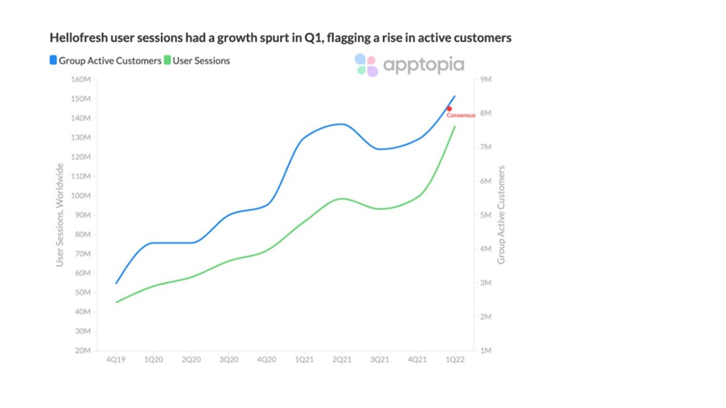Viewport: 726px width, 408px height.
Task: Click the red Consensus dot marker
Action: pos(449,109)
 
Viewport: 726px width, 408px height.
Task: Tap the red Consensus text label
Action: pos(461,116)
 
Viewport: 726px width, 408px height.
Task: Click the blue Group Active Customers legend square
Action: pos(53,61)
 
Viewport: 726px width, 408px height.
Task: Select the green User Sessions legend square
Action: pos(167,61)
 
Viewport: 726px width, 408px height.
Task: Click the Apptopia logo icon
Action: pos(366,65)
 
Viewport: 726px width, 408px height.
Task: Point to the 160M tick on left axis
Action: pos(82,79)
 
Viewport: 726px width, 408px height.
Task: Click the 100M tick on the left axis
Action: pos(82,195)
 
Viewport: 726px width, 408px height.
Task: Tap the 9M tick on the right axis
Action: pos(486,79)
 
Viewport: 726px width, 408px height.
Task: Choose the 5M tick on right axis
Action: pos(486,215)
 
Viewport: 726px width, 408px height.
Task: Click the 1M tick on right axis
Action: pos(486,350)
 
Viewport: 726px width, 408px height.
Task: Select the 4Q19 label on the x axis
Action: pos(116,360)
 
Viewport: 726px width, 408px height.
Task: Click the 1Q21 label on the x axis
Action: pos(304,360)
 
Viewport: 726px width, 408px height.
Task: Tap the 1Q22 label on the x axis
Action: pos(455,360)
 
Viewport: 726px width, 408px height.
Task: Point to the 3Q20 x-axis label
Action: pos(229,360)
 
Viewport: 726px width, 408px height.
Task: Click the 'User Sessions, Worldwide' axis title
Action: pos(60,215)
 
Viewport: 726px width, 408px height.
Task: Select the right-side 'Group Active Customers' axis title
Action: pos(501,215)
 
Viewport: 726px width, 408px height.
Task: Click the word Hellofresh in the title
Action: pos(75,38)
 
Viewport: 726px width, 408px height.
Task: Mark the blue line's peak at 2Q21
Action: pos(341,124)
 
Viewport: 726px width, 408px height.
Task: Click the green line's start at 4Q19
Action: pos(116,302)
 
